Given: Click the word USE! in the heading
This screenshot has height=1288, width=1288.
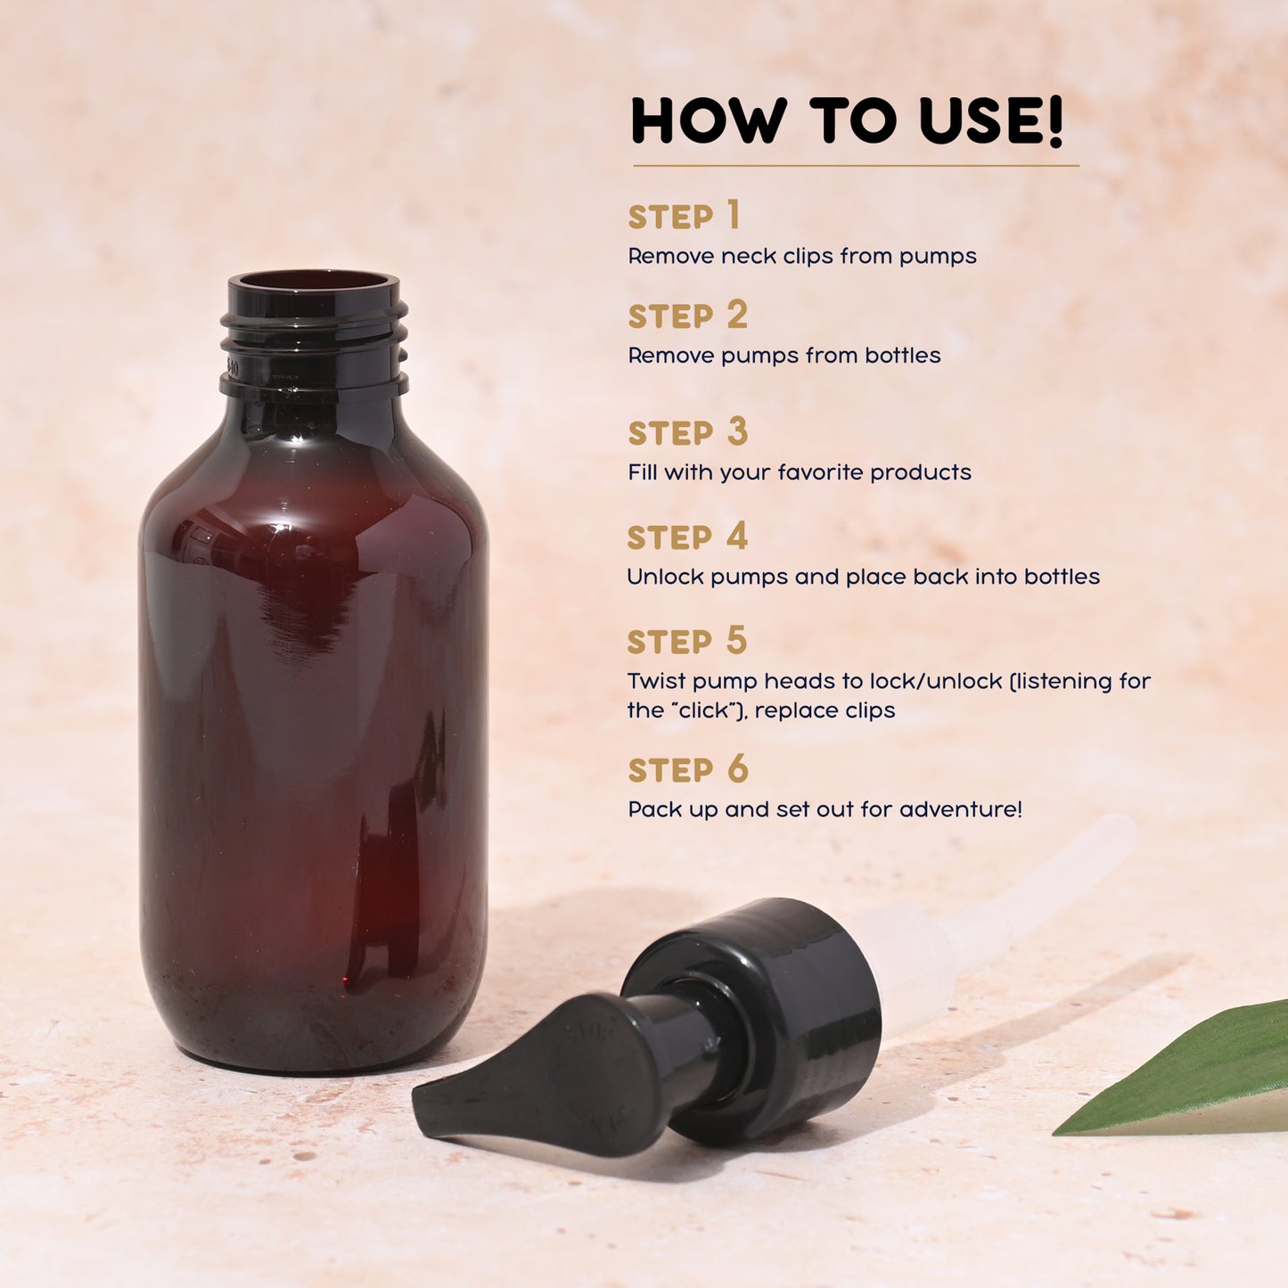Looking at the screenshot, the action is [990, 121].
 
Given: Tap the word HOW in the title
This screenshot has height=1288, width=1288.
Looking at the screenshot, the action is [710, 121].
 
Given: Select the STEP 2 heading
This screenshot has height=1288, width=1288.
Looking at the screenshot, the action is [688, 315].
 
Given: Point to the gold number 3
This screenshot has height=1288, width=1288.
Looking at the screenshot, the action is [736, 431].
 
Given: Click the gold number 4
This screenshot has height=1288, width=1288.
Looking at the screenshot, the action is [736, 536].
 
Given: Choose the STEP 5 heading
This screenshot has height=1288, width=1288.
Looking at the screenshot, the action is [687, 640].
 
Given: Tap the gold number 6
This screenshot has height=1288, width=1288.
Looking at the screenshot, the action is [737, 768].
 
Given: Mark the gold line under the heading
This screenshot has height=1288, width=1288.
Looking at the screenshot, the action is [856, 165].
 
